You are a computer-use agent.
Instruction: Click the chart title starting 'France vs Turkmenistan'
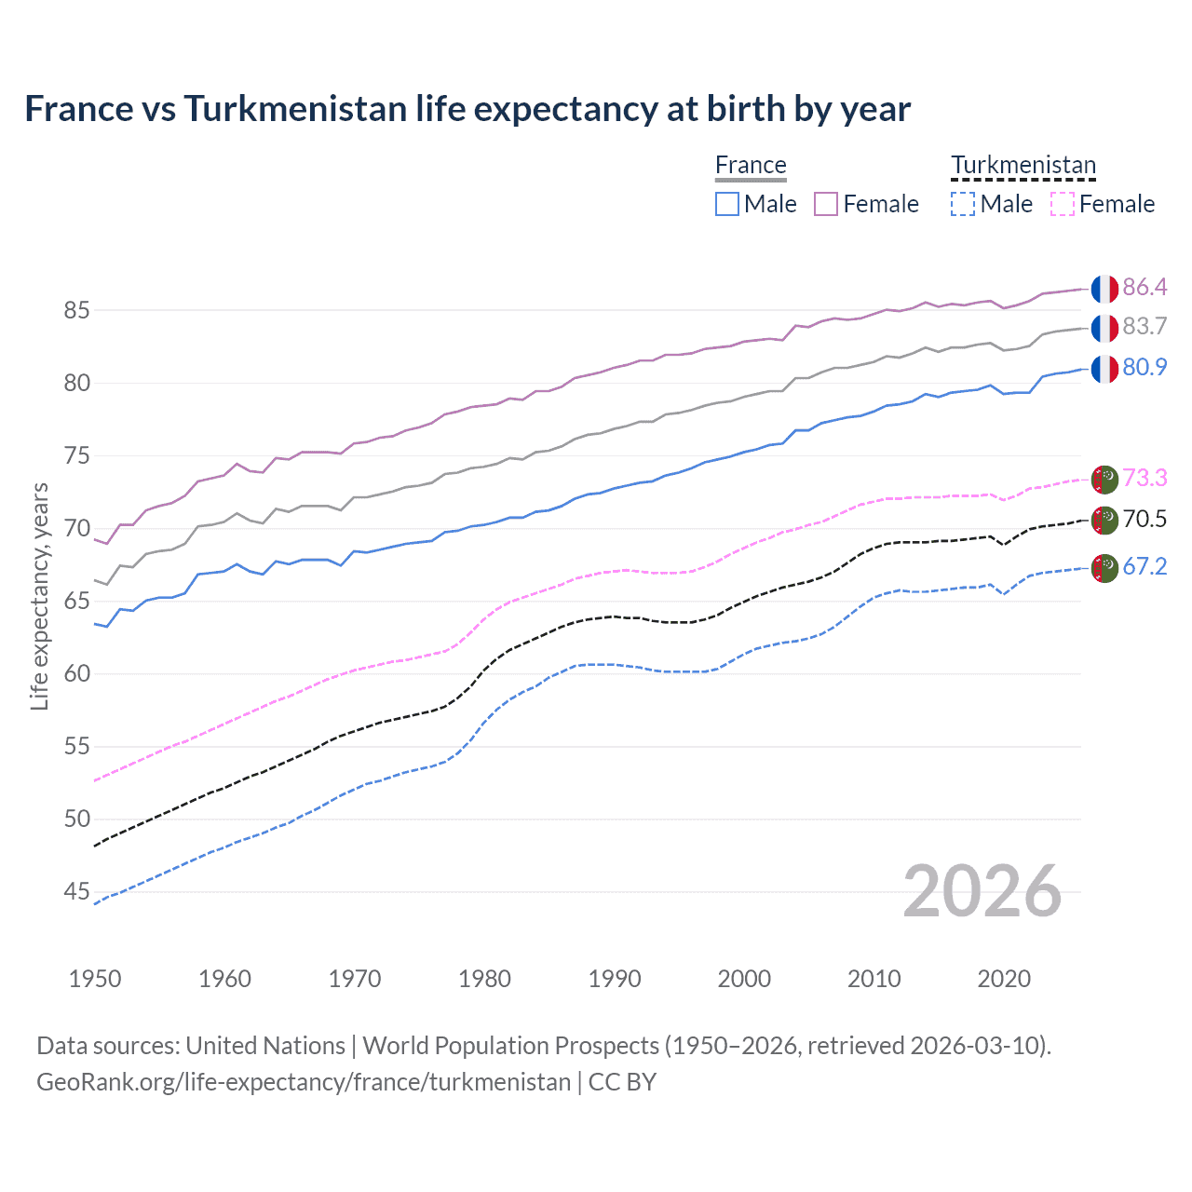[467, 109]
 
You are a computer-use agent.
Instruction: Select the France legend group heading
[751, 165]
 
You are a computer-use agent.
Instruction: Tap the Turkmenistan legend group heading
[1023, 165]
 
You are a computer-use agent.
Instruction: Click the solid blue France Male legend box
[727, 204]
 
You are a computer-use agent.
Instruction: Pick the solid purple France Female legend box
[826, 204]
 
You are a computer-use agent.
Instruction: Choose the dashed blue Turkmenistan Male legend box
[963, 204]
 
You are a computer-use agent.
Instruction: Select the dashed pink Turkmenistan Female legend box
[1063, 204]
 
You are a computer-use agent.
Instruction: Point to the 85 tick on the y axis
[76, 310]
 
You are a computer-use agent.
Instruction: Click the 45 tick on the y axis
[76, 892]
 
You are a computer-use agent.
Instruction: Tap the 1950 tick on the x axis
[95, 979]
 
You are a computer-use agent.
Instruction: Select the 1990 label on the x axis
[615, 979]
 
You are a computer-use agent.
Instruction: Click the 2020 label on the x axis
[1004, 979]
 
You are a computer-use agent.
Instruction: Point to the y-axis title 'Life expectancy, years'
[39, 596]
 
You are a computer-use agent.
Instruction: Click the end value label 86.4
[1145, 287]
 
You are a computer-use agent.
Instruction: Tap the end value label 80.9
[1145, 367]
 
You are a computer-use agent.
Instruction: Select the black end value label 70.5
[1145, 519]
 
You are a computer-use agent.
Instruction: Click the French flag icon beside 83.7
[1104, 328]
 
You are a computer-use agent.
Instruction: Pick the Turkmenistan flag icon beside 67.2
[1104, 567]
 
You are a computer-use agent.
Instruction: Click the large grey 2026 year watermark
[982, 891]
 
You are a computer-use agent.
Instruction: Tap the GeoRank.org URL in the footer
[304, 1082]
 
